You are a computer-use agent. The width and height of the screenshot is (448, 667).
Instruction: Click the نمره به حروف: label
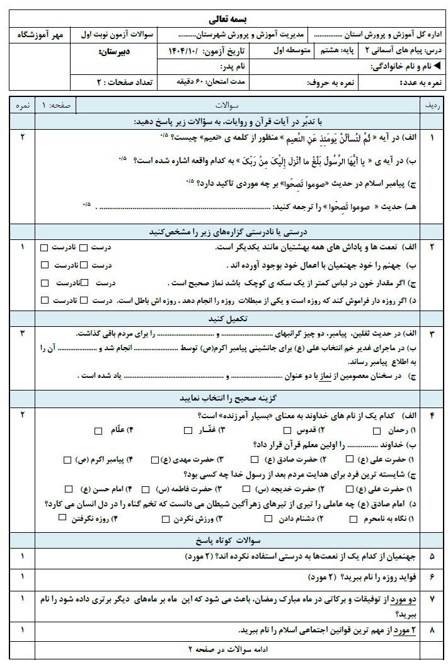325,82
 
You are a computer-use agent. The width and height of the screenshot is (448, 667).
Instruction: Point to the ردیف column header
432,105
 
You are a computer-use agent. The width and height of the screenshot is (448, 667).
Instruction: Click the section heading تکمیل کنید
228,319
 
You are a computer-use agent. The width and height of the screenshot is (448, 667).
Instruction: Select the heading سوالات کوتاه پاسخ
228,540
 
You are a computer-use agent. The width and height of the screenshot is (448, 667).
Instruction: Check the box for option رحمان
377,431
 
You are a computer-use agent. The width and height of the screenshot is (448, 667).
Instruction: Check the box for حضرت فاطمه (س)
146,489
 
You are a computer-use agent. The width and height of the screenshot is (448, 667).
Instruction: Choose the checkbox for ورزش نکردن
166,519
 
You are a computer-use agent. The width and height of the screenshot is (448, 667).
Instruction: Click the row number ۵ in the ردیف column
432,557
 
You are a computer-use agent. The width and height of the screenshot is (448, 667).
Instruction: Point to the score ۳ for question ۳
22,333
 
